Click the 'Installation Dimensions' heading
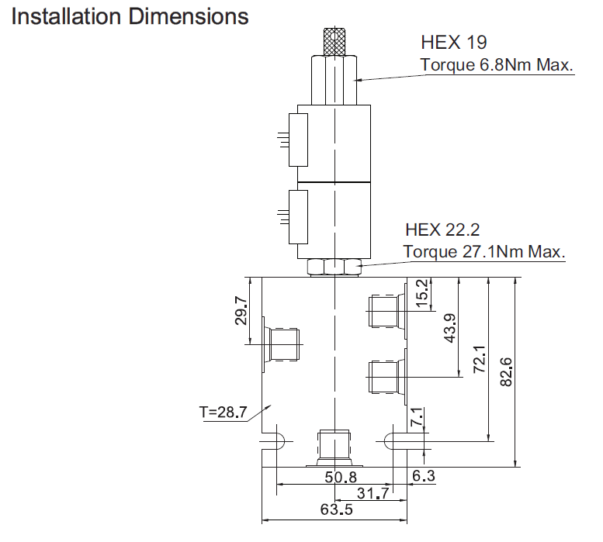(130, 17)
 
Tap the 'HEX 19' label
(454, 42)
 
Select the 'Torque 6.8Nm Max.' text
(497, 65)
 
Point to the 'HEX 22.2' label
(442, 230)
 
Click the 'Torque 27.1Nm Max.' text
(484, 252)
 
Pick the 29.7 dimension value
(241, 311)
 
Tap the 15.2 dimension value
(422, 293)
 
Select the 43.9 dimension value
(450, 328)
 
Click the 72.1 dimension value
(480, 359)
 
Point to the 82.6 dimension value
(506, 372)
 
